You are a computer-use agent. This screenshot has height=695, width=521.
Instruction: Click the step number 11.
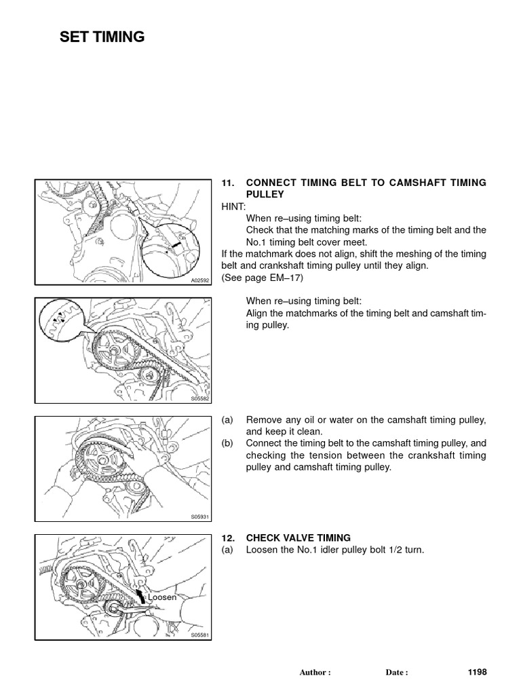228,183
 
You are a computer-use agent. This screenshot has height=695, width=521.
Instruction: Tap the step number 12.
228,538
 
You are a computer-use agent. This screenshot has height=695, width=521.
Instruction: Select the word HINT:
234,206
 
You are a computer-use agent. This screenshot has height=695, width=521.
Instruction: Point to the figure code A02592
200,279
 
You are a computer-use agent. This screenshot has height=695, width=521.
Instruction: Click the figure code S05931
200,516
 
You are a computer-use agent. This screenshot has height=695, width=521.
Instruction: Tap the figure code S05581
200,635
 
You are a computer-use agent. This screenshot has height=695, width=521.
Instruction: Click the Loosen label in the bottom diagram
162,597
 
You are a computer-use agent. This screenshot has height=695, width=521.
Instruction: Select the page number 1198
477,672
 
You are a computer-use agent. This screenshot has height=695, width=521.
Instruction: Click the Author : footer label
315,673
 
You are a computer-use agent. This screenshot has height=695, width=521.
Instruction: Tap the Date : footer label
397,673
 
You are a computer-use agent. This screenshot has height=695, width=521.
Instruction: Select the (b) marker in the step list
227,443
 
